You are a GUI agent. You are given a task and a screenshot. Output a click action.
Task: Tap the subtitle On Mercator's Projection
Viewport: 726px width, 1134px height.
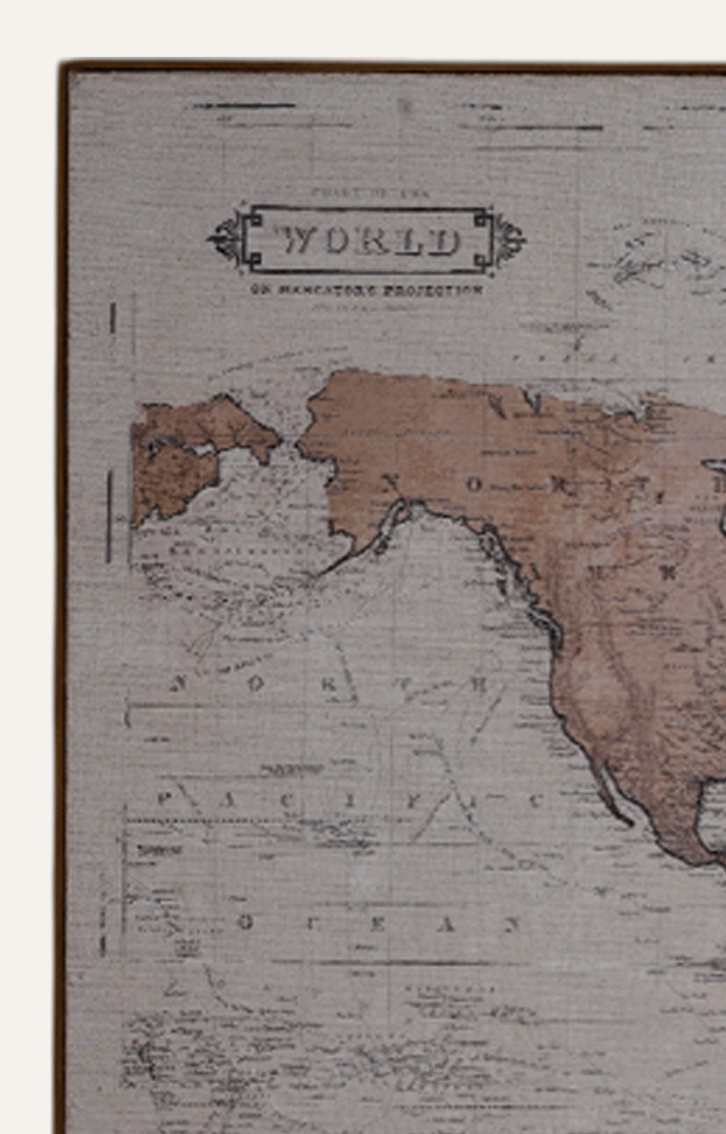367,290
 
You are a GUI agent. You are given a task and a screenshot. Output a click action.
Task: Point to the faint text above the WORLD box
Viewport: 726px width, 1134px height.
372,193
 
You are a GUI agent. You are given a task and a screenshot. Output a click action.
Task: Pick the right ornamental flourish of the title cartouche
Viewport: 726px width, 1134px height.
509,239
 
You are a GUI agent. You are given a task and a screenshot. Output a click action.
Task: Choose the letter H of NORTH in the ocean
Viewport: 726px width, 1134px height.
479,684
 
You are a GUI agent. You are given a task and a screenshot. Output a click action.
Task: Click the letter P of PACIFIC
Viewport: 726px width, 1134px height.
164,800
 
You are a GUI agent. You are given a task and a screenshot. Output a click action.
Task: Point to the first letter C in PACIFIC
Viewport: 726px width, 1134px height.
288,801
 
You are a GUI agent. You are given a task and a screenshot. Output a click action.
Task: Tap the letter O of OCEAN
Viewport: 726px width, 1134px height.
245,923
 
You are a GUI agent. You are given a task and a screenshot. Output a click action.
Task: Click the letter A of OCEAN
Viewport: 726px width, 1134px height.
447,925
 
